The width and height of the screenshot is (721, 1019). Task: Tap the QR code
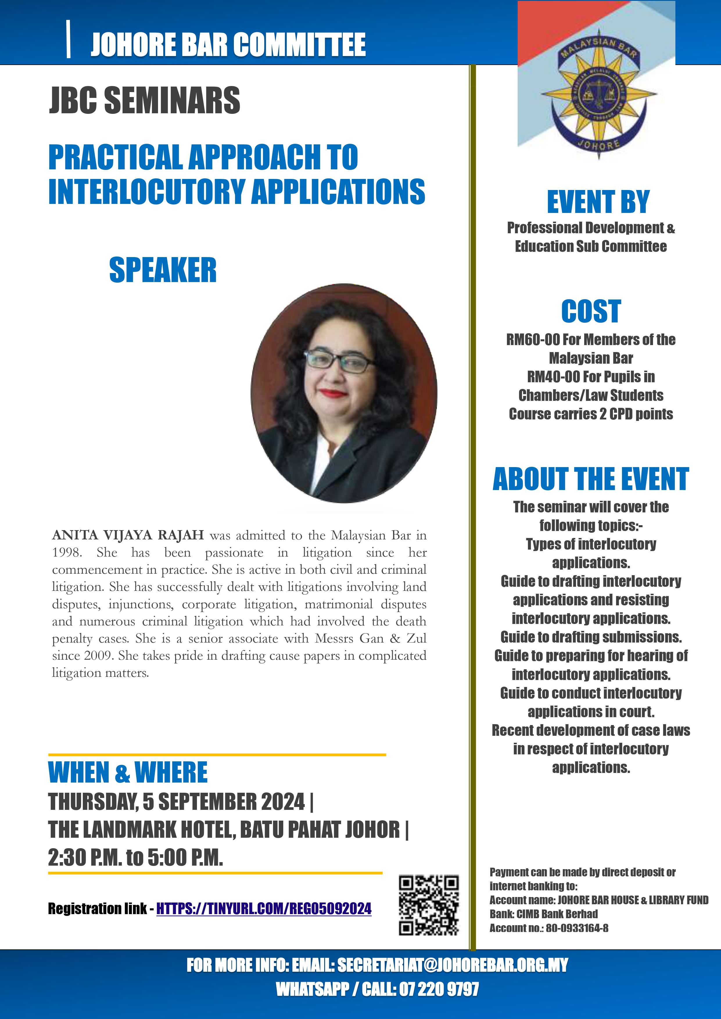[x=428, y=905]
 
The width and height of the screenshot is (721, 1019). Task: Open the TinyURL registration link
[x=264, y=909]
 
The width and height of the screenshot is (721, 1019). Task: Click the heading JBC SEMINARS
[x=144, y=100]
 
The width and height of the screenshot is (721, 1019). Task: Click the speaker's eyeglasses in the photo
[x=340, y=362]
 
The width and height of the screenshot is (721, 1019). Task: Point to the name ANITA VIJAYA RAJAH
[x=128, y=535]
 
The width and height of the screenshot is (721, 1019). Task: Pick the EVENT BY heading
[x=598, y=202]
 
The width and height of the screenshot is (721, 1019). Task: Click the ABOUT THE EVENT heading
[x=591, y=479]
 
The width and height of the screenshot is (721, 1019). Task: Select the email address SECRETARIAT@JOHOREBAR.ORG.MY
[x=452, y=965]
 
